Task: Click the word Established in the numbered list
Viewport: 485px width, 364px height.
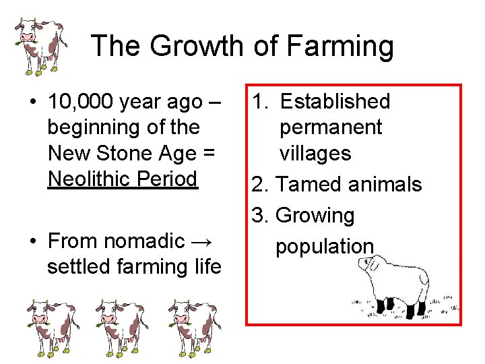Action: click(335, 102)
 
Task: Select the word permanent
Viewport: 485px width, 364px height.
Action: click(331, 127)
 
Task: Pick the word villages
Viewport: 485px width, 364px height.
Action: click(315, 154)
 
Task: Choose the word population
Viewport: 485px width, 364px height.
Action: click(324, 247)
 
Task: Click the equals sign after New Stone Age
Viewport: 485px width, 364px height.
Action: click(207, 154)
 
